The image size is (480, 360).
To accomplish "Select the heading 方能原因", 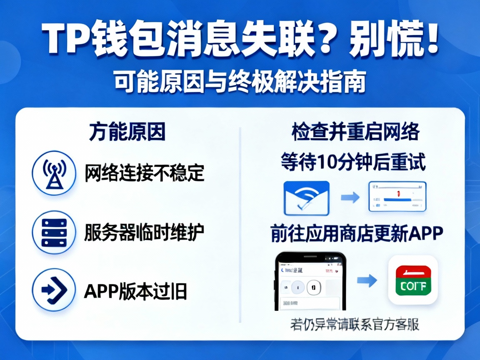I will [x=127, y=132].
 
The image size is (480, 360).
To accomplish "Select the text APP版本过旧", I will [x=136, y=290].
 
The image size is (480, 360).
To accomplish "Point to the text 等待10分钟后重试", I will [x=353, y=162].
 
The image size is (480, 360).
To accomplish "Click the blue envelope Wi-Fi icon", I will [x=306, y=198].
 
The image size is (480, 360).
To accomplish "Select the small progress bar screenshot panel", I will [x=397, y=197].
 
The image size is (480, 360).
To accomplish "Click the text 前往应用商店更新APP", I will [x=356, y=233].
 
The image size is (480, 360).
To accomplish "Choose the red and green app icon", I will [x=412, y=280].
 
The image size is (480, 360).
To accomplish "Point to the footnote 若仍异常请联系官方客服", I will [x=354, y=324].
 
